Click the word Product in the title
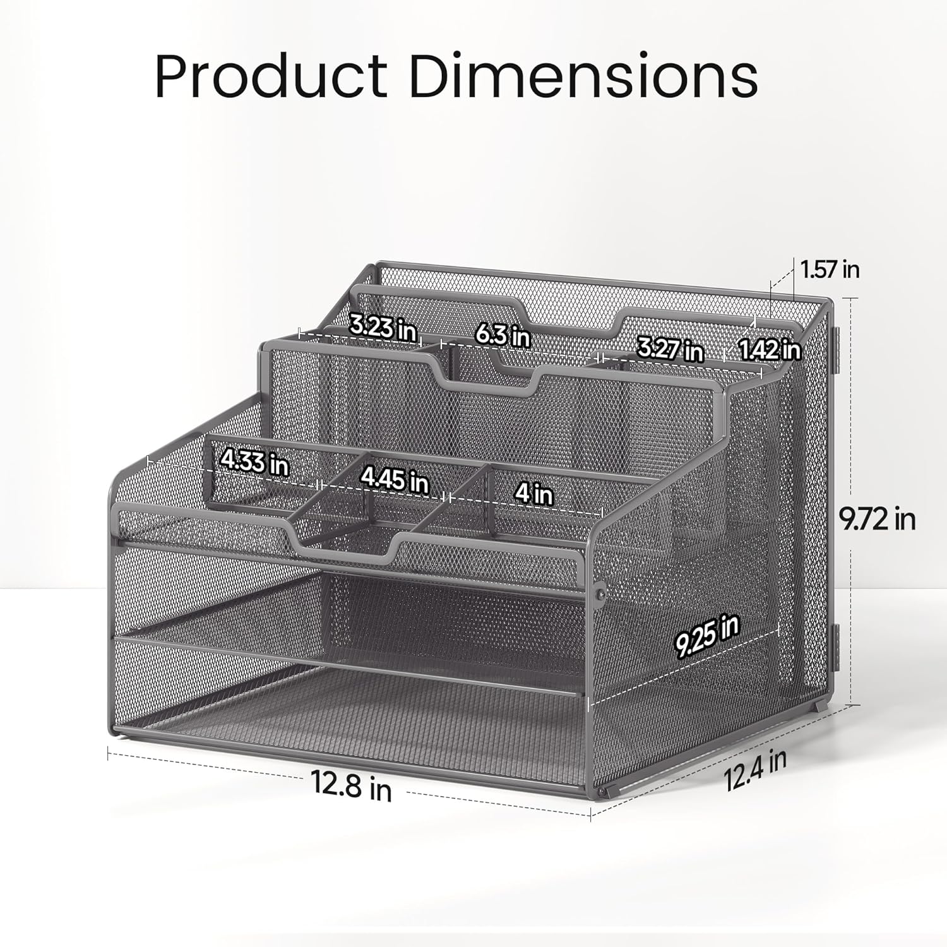click(271, 77)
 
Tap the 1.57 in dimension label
click(830, 270)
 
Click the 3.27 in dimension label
click(670, 348)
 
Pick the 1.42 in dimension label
click(770, 348)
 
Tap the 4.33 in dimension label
click(254, 462)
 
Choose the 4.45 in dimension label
click(395, 480)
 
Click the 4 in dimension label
click(533, 492)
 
